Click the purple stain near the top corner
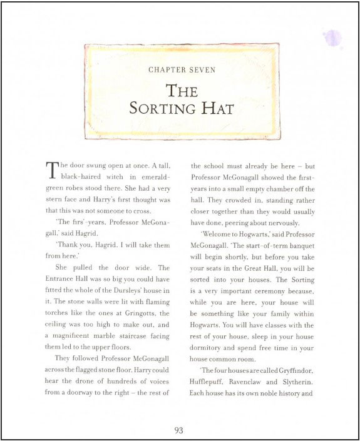pyautogui.click(x=332, y=38)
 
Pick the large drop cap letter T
pyautogui.click(x=51, y=170)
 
